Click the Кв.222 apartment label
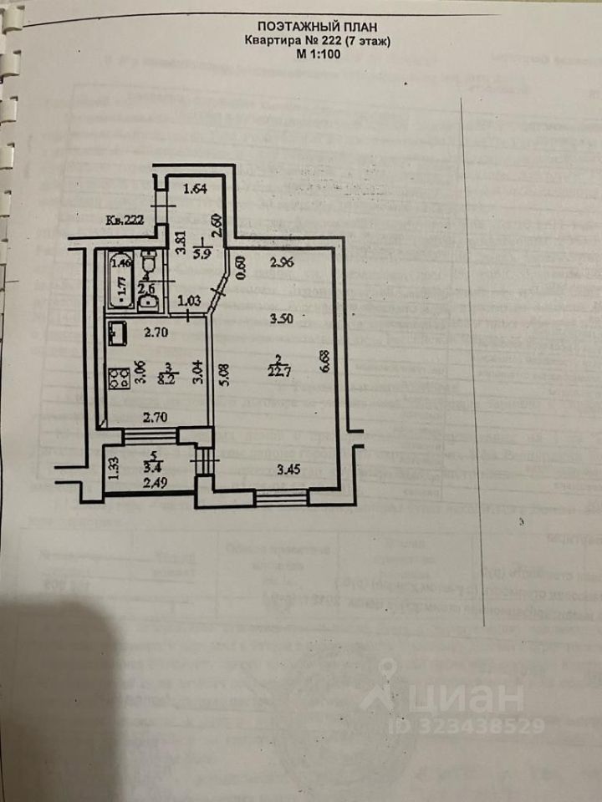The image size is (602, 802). point(125,221)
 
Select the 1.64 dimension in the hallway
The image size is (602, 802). point(194,189)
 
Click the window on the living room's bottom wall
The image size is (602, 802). point(282,498)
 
